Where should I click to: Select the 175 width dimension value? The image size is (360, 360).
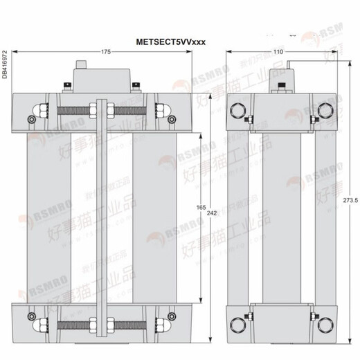click(106, 53)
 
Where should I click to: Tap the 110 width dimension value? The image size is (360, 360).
click(279, 53)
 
